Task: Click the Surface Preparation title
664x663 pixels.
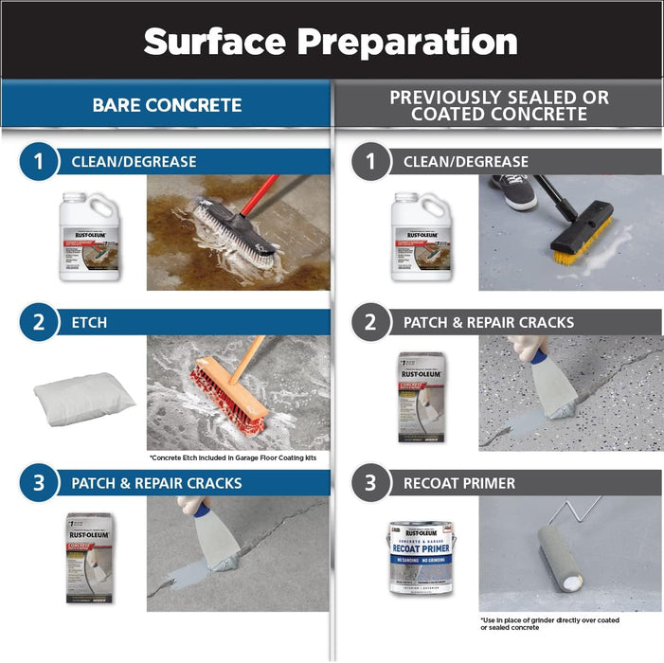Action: (332, 41)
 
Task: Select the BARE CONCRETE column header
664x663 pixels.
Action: (167, 104)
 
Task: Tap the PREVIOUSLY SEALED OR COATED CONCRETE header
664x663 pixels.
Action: (499, 105)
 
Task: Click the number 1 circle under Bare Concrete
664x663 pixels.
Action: (39, 162)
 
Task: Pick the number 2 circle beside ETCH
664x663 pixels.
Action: (39, 322)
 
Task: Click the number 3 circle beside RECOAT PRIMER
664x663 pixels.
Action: (370, 483)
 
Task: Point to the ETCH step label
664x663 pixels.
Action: (90, 322)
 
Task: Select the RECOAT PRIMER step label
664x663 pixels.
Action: (459, 483)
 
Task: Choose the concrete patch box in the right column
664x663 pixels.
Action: (423, 397)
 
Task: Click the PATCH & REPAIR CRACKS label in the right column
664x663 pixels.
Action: (489, 322)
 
